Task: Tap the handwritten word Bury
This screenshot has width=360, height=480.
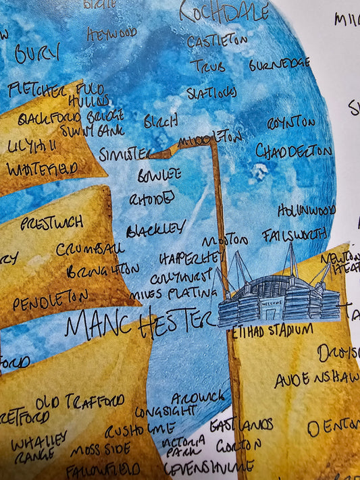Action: pos(37,53)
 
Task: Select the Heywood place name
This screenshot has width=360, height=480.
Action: pos(111,32)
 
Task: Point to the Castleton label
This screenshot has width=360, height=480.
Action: pos(217,41)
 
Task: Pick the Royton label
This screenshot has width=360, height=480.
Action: pos(290,124)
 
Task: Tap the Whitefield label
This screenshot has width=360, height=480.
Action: pos(42,168)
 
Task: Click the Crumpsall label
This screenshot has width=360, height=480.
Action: pos(90,248)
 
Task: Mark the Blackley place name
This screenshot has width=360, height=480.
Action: pos(155,228)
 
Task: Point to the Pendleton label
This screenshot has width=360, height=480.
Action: pos(50,300)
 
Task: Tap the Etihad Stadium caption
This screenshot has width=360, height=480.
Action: pos(271,330)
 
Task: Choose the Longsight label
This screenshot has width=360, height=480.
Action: pos(165,410)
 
